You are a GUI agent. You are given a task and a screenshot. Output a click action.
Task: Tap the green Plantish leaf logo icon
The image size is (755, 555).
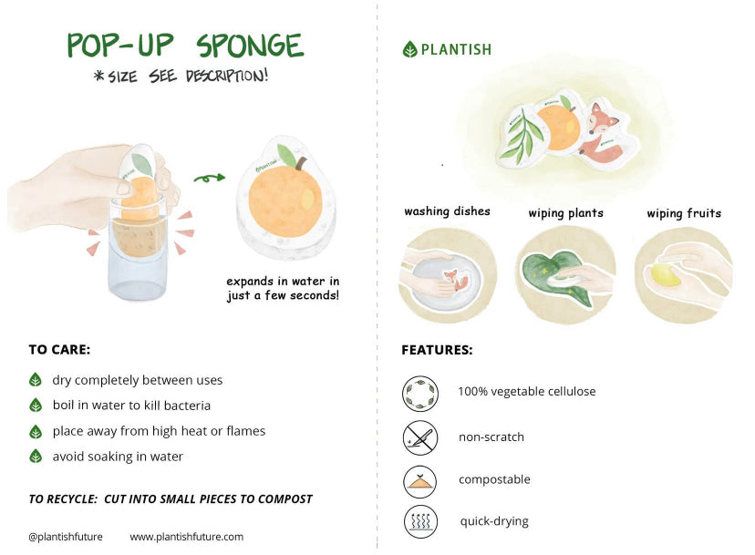409,50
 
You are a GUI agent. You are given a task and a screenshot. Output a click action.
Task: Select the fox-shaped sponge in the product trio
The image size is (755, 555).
601,135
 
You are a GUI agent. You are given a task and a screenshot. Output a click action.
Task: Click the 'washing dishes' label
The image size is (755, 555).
447,211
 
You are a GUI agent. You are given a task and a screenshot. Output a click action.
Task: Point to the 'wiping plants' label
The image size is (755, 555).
565,213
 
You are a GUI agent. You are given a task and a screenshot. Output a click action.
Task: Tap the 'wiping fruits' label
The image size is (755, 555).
684,213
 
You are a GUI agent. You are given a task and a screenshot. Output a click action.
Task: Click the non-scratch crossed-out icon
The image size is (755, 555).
420,437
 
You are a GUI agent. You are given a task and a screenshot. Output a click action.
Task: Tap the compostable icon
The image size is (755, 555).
420,480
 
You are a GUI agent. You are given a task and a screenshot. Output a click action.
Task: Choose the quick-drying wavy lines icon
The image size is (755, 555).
420,522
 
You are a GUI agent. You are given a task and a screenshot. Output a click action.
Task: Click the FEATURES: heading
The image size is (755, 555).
437,350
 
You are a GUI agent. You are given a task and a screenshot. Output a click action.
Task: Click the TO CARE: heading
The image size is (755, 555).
59,350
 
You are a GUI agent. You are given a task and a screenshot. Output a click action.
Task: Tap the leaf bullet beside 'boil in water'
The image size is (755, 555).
36,406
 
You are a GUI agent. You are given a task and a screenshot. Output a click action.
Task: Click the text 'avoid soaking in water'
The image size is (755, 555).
118,457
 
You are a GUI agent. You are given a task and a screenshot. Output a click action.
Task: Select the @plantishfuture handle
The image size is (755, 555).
66,537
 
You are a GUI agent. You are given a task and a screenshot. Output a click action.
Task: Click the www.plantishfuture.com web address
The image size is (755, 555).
186,537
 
